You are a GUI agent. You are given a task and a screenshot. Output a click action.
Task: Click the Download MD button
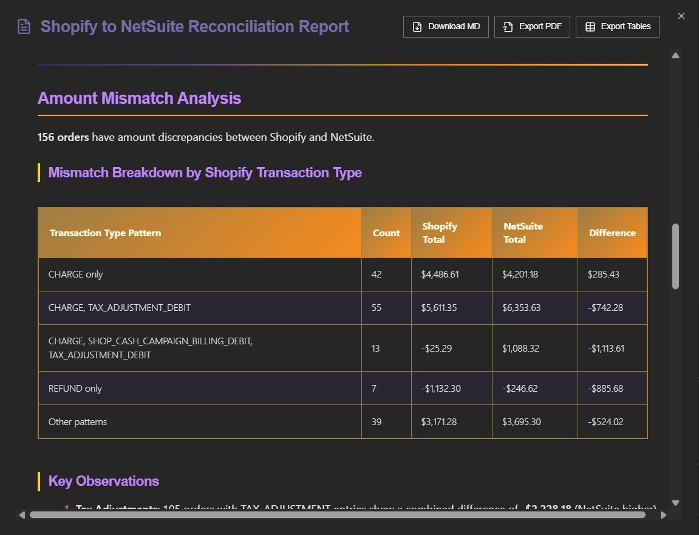446,27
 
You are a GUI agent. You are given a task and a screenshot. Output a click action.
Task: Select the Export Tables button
617,27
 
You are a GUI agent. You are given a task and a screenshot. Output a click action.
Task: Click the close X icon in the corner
681,16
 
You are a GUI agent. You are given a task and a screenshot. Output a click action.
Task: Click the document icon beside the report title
24,27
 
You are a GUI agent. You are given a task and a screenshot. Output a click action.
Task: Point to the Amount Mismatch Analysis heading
139,98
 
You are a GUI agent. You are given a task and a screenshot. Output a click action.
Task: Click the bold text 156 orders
63,137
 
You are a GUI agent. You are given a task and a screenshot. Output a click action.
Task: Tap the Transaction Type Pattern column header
105,233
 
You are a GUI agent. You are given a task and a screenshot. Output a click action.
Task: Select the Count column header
386,233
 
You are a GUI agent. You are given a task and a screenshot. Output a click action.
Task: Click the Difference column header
612,233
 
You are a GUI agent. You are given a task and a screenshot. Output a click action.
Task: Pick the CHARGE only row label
76,274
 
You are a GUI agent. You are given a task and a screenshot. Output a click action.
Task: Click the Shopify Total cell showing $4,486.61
440,274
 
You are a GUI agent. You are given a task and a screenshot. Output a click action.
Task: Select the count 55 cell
377,308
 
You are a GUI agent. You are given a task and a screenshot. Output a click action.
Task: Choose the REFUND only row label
75,389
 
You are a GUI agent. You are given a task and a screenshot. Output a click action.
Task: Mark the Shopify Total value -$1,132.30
441,389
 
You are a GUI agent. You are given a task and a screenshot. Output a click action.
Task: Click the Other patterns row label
78,422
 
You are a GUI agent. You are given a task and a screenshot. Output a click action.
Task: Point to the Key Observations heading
104,481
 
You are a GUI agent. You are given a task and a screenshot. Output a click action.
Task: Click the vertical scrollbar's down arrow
675,503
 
